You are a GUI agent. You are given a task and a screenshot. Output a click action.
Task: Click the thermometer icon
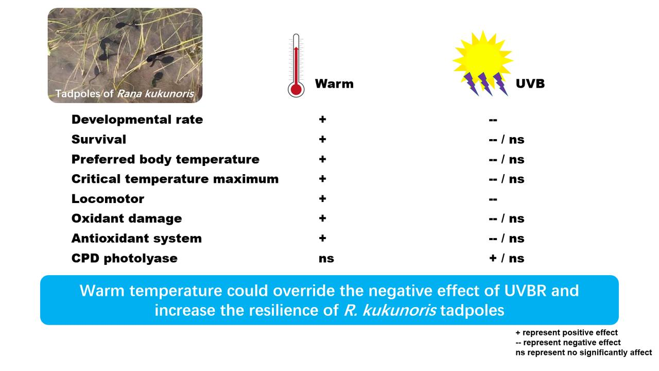296,66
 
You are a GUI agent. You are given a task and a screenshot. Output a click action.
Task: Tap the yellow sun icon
482,59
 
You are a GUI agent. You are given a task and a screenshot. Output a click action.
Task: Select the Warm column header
334,84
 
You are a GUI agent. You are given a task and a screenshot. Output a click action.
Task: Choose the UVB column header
530,84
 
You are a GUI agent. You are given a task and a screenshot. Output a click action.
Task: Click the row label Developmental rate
137,120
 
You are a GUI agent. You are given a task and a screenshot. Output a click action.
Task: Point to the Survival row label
99,140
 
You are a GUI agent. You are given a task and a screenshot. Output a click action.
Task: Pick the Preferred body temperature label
165,159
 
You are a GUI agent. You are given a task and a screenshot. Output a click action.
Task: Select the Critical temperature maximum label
175,179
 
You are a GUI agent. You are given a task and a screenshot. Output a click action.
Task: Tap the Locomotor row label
108,199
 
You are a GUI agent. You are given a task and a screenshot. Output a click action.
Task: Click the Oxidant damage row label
127,218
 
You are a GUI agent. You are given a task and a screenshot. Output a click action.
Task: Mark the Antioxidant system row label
136,239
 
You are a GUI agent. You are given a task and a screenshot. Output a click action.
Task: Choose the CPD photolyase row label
125,258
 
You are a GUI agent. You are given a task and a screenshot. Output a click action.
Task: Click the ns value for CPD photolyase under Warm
326,259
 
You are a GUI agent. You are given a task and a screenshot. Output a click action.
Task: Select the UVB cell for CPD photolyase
507,258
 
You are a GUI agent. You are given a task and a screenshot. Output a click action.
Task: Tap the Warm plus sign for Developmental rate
322,120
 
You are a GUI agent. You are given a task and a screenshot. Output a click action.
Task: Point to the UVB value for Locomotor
493,199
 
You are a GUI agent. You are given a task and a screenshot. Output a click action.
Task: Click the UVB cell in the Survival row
507,140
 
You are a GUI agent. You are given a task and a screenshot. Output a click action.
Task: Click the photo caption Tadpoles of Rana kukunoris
125,94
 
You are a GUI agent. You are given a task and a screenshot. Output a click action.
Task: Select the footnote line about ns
583,352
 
